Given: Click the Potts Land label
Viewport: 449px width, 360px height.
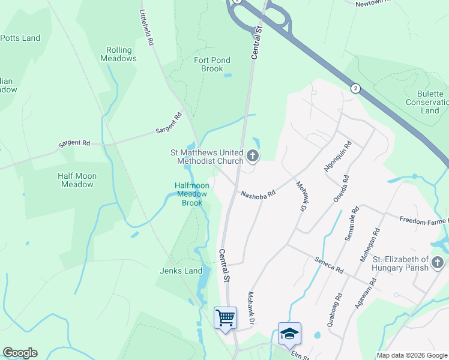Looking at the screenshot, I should pos(20,38).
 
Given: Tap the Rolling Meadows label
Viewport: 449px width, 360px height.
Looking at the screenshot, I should pos(121,54).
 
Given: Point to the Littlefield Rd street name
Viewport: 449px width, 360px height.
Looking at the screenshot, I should pos(147,28).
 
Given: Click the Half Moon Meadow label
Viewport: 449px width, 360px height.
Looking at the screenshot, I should pos(77,180).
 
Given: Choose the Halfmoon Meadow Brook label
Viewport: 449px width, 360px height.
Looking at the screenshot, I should pos(192,194).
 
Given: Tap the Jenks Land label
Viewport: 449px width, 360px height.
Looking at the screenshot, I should pos(181,271).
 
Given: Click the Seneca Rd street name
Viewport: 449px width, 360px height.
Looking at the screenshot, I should pos(328,265).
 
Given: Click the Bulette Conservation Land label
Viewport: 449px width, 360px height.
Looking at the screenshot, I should pos(430,102).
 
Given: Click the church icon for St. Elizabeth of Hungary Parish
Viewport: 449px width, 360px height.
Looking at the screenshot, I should pos(438,263).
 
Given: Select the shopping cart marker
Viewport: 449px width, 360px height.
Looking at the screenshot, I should pos(225,317).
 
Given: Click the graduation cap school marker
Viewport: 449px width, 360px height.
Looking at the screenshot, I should pos(289,333).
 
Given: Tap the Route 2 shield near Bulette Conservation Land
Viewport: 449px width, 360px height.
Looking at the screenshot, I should pos(355,88).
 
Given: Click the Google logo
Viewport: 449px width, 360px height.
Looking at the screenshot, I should pos(20,353).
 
